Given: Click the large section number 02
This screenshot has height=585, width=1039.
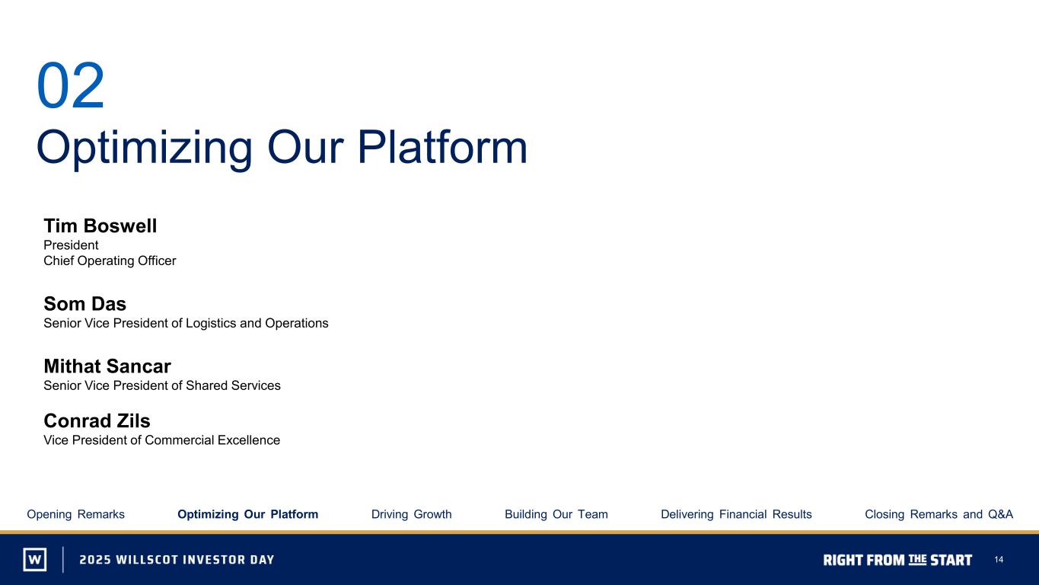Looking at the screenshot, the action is [71, 86].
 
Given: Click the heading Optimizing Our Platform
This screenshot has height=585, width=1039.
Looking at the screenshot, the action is [282, 149].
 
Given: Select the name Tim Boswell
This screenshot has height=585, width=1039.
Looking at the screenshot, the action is [100, 226].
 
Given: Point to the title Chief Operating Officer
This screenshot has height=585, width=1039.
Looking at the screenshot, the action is [110, 261].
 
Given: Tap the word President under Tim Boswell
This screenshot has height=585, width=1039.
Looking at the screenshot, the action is [71, 245].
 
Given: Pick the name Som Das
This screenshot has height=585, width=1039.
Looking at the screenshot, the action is [85, 304].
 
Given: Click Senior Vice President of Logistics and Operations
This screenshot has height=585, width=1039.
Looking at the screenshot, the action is [186, 324].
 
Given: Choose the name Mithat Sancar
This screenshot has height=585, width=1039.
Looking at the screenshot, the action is [107, 366].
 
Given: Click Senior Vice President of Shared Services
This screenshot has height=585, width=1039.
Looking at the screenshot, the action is [162, 385].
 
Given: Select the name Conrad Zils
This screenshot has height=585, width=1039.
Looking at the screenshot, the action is [97, 421].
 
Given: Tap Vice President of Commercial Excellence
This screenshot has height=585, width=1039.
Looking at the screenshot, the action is [162, 440].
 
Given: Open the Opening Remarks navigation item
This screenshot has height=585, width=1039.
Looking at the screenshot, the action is [75, 514].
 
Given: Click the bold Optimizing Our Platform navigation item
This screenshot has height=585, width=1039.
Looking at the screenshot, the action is [247, 514].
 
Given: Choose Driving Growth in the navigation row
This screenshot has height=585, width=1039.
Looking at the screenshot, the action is [412, 514].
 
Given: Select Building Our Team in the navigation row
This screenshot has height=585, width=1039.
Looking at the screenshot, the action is [556, 514].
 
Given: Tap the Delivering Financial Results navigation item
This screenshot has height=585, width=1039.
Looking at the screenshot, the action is [736, 514].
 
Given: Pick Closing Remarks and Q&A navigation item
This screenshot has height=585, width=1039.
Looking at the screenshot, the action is [939, 514].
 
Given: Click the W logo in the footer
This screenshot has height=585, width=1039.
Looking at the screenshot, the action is [35, 559].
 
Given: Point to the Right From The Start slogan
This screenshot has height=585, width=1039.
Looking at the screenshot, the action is [897, 560].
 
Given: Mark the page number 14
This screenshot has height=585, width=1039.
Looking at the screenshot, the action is [999, 560].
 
